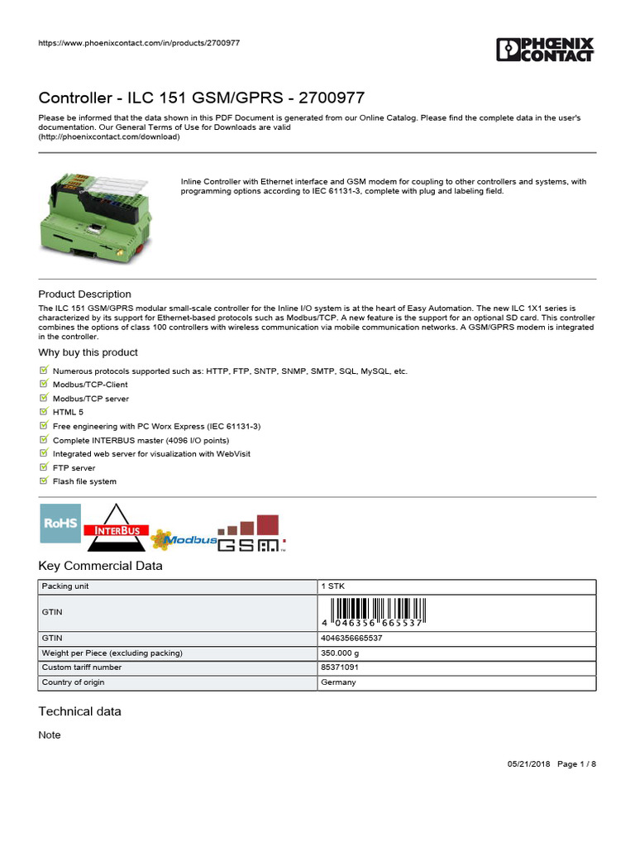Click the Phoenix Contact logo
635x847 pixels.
point(545,49)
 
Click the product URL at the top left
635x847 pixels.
point(139,43)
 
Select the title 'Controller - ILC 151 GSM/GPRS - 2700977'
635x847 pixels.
point(202,98)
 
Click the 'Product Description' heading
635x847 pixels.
point(84,294)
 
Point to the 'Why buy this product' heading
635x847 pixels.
point(88,352)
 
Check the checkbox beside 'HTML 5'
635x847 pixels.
point(44,411)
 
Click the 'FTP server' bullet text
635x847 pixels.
point(74,467)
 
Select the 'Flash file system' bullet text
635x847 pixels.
point(84,481)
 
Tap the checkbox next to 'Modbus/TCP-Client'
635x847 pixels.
point(44,384)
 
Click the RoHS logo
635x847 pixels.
point(60,523)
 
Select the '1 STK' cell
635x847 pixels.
point(333,586)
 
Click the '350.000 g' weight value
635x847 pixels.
point(340,653)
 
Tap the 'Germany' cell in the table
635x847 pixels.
point(339,682)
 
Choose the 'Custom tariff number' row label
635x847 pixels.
point(82,668)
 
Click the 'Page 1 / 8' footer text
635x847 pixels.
point(576,764)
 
